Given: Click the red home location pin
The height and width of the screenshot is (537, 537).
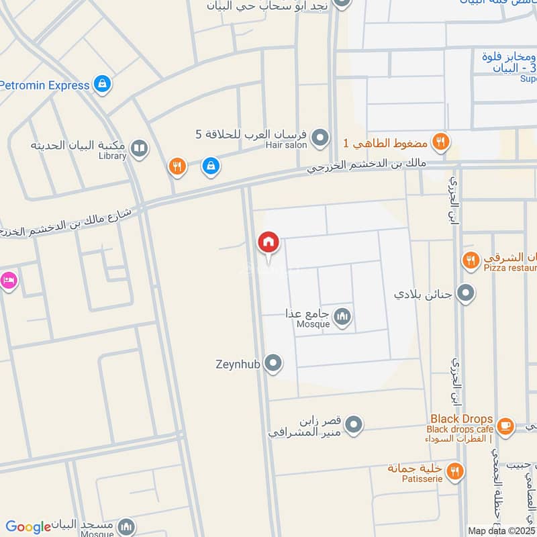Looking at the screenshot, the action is pyautogui.click(x=268, y=242).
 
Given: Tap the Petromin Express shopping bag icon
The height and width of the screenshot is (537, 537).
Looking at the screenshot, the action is pyautogui.click(x=102, y=84).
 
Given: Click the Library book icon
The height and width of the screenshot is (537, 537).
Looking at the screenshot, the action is pyautogui.click(x=139, y=148).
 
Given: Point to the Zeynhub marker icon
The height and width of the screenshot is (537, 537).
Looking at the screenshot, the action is pyautogui.click(x=273, y=364).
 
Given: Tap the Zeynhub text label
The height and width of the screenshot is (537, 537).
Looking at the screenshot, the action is pyautogui.click(x=238, y=364).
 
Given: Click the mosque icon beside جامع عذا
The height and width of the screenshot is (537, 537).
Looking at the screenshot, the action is pyautogui.click(x=343, y=316).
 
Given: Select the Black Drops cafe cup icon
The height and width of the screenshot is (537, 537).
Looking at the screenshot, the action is pyautogui.click(x=505, y=425).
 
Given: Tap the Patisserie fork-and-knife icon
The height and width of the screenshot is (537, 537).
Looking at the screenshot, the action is pyautogui.click(x=455, y=471).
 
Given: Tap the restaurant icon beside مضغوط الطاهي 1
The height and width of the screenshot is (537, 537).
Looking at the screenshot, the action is pyautogui.click(x=440, y=142).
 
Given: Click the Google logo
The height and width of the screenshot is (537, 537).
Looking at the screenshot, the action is pyautogui.click(x=28, y=527).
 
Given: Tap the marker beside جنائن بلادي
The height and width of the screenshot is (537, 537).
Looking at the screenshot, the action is pyautogui.click(x=465, y=293).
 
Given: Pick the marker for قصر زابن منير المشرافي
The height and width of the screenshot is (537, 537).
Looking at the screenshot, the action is pyautogui.click(x=354, y=425).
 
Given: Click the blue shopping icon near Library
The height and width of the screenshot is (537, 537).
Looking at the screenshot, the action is pyautogui.click(x=211, y=166).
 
